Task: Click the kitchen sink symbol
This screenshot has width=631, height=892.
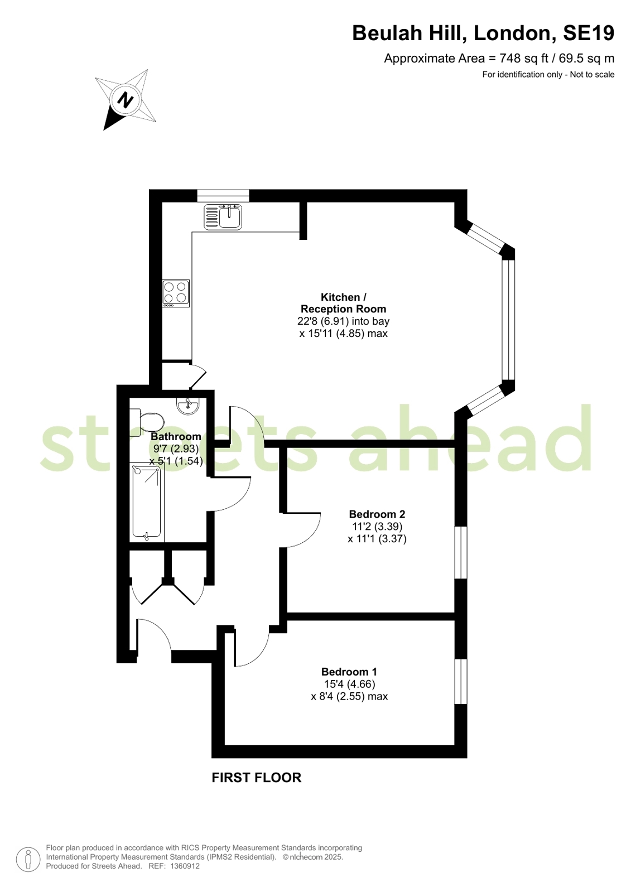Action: click(223, 217)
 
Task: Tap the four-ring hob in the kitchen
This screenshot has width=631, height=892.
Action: click(176, 293)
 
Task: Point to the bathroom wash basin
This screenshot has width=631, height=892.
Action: click(187, 406)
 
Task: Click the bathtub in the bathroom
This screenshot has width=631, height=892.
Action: click(147, 503)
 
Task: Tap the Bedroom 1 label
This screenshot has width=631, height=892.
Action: click(349, 672)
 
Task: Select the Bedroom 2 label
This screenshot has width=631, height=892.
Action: click(377, 514)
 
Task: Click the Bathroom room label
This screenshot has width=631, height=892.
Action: click(176, 436)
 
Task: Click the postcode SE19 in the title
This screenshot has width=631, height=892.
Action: click(589, 33)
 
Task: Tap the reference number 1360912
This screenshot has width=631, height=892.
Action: click(185, 866)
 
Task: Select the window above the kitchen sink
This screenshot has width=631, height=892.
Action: click(223, 195)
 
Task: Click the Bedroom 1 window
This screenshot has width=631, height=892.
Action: click(461, 681)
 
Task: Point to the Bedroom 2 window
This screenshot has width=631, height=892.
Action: click(461, 552)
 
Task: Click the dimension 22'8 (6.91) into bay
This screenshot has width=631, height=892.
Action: click(343, 321)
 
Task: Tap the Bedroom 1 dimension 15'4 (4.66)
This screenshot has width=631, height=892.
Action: click(349, 684)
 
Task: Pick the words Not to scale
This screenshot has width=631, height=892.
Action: click(592, 74)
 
